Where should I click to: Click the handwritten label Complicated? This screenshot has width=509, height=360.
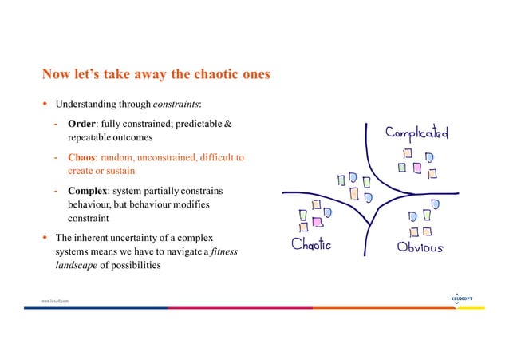pyautogui.click(x=416, y=133)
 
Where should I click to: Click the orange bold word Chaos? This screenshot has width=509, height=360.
pyautogui.click(x=84, y=157)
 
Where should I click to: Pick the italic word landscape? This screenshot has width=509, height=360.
pyautogui.click(x=77, y=266)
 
